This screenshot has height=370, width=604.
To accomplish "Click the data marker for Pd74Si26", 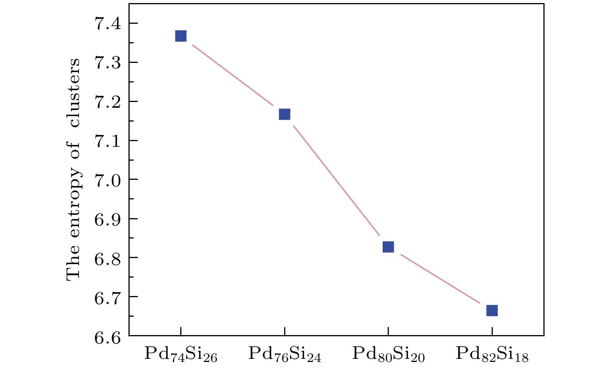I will [181, 36].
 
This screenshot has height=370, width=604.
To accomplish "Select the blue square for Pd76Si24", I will [284, 114].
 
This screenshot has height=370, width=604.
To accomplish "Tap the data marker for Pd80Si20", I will [388, 247].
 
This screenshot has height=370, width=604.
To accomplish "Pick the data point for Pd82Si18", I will [492, 310].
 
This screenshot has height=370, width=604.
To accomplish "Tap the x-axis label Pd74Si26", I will [181, 354].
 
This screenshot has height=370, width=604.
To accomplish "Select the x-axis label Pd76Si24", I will [284, 354].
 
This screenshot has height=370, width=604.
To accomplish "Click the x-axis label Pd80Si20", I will [388, 354].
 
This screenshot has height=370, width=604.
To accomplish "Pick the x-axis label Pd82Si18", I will [492, 354].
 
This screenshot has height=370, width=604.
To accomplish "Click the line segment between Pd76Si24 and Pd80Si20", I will [336, 181].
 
